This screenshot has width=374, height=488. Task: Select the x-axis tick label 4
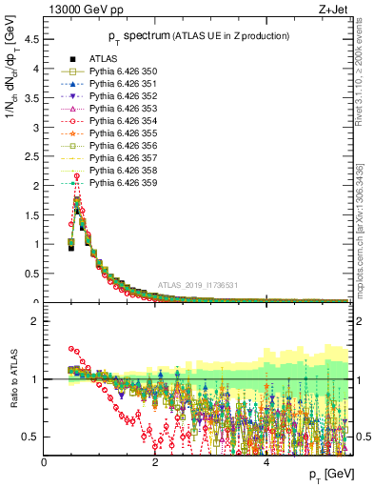266,462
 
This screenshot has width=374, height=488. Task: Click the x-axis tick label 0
44,462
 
